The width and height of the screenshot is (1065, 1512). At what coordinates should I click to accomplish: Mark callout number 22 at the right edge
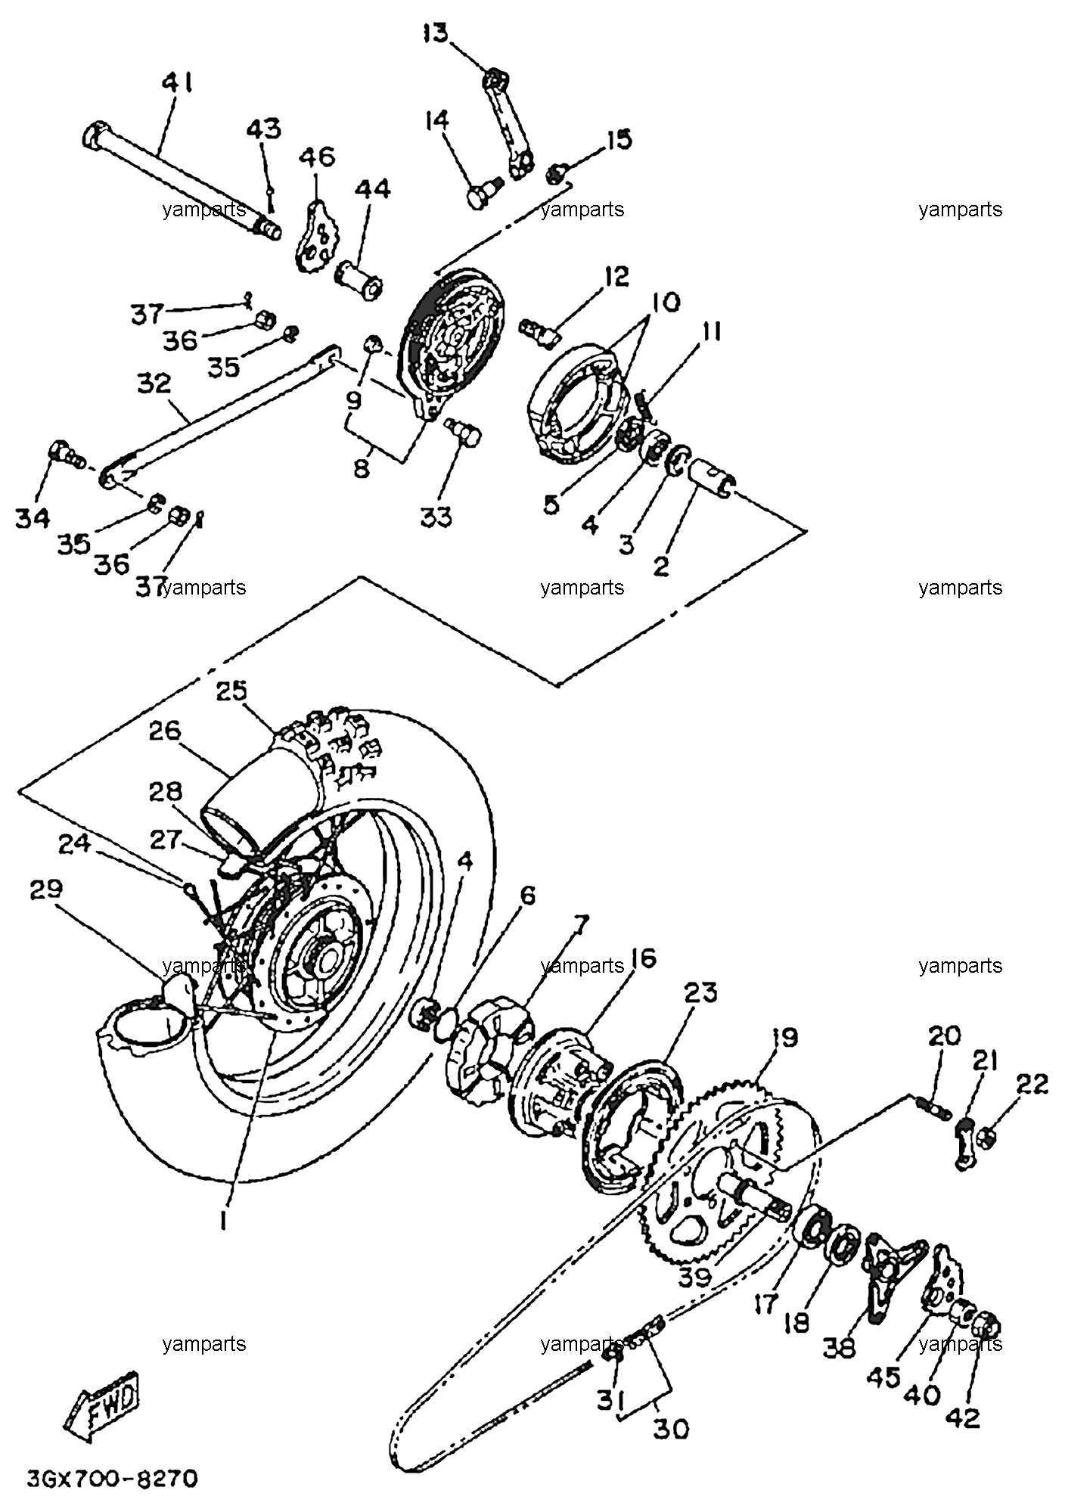(1032, 1084)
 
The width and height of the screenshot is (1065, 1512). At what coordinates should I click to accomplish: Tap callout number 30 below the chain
(670, 1429)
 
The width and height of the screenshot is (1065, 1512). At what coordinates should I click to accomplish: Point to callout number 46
(316, 157)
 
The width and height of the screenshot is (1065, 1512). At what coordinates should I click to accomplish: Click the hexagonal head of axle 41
(93, 136)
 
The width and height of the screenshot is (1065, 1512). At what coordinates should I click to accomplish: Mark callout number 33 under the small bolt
(436, 517)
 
